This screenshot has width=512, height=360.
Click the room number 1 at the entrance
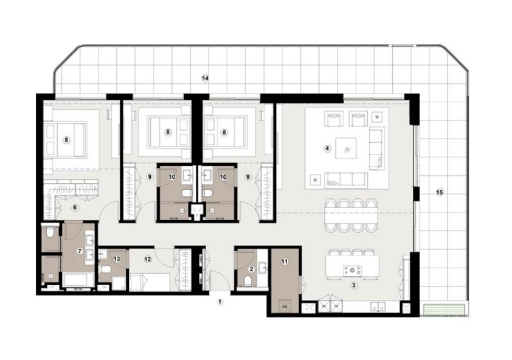click(221, 300)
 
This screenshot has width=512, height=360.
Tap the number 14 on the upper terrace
click(206, 78)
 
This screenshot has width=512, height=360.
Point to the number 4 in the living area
click(327, 148)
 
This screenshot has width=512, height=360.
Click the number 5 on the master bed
click(67, 139)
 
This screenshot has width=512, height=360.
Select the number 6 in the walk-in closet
click(75, 207)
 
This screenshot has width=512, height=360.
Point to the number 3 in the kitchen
click(353, 284)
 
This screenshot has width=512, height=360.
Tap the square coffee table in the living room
click(348, 146)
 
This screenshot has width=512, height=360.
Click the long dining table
click(350, 215)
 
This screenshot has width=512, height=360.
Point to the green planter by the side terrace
click(446, 308)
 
